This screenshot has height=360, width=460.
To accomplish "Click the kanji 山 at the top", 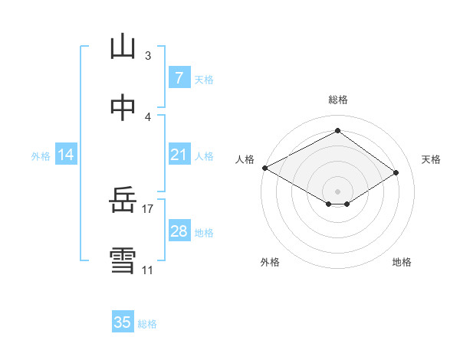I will click(x=123, y=47).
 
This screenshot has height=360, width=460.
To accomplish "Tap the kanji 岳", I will click(x=123, y=203).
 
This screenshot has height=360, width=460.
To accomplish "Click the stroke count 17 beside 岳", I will click(x=148, y=208).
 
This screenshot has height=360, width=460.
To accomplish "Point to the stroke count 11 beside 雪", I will click(x=147, y=270).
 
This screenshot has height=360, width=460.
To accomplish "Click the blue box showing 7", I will click(x=179, y=78).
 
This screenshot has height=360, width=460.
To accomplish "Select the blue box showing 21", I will click(x=179, y=155).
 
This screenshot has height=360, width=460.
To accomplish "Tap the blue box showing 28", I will click(x=179, y=231).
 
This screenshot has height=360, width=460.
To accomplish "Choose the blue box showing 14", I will click(x=66, y=155).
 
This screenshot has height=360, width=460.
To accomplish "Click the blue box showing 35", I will click(x=123, y=322).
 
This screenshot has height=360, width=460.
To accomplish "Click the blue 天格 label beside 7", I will click(x=204, y=79).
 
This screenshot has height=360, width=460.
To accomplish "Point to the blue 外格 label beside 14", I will click(x=41, y=155).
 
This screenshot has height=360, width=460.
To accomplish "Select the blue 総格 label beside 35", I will click(x=147, y=323).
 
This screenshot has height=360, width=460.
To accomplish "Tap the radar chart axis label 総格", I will click(x=337, y=100).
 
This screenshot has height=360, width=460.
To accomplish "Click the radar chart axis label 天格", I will click(x=431, y=159).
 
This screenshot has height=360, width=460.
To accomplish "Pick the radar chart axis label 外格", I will click(x=270, y=262).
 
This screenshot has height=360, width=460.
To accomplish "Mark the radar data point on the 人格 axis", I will click(x=264, y=168).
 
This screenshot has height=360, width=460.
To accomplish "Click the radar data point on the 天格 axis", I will click(x=396, y=173).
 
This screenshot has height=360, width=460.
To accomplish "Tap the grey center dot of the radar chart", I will click(x=337, y=191).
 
